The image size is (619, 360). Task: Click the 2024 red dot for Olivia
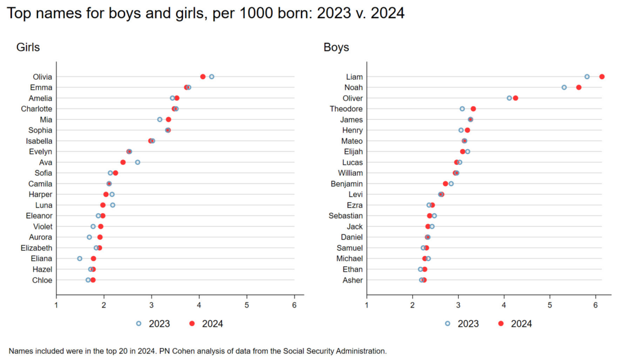coord(203,77)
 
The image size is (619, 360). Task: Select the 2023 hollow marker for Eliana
coord(80,259)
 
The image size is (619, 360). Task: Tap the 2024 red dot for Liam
coord(602,77)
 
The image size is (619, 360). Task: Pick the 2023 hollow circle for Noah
coord(564,87)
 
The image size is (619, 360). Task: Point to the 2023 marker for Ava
coord(138,162)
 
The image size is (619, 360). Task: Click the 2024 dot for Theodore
coord(473,109)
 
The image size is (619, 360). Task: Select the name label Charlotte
coord(36,109)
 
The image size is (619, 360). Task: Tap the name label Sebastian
coord(346,216)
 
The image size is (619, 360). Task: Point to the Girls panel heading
coord(28,47)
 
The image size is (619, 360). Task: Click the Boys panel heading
coord(336,47)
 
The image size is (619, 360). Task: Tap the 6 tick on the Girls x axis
coord(294,306)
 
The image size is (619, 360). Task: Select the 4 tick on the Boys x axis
coord(504,306)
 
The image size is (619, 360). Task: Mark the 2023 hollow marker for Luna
coord(112,205)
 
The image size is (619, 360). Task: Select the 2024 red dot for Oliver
coord(516,98)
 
